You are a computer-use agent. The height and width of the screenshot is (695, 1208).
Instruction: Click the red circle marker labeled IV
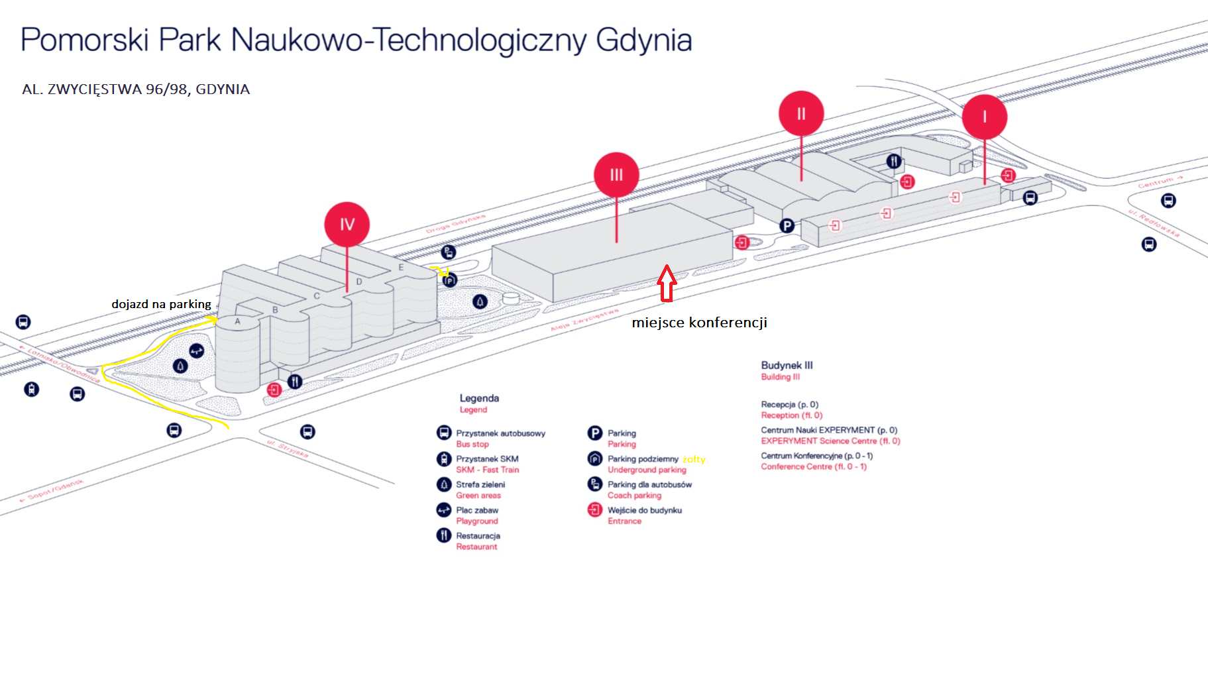coord(347,225)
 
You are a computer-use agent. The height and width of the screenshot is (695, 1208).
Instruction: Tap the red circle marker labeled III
coord(616,175)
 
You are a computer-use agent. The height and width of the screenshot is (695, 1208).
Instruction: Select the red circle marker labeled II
coord(801,114)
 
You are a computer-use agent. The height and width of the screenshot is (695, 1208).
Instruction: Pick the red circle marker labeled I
coord(985,117)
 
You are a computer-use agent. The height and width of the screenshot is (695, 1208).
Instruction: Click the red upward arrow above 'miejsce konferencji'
coord(667,283)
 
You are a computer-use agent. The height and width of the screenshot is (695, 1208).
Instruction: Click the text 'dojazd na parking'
coord(161,304)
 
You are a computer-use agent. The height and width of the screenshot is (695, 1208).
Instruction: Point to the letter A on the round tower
coord(237,321)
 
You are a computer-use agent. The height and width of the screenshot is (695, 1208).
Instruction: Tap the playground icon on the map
coord(197,350)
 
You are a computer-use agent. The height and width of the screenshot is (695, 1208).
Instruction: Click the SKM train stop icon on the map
coord(31,389)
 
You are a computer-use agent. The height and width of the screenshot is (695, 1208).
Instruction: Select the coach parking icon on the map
coord(449,252)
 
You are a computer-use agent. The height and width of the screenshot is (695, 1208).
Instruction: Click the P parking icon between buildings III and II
coord(787,226)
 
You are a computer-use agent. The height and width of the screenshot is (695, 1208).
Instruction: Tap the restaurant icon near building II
coord(894,161)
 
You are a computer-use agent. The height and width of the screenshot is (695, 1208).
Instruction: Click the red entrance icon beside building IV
coord(274,390)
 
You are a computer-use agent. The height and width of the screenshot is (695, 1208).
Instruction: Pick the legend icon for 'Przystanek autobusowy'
coord(444,433)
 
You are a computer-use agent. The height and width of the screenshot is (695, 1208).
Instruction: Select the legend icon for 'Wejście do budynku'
coord(595,510)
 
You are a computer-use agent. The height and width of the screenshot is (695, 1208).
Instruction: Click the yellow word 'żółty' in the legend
coord(694,459)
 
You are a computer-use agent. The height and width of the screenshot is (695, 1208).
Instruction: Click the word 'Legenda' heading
coord(479,398)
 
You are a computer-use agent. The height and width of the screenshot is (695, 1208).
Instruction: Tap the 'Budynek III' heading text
coord(787,365)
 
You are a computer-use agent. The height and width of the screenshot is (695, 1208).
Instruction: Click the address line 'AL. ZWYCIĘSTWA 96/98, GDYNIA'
coord(136,89)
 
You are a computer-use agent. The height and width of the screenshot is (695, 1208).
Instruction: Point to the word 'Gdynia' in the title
coord(643,40)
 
